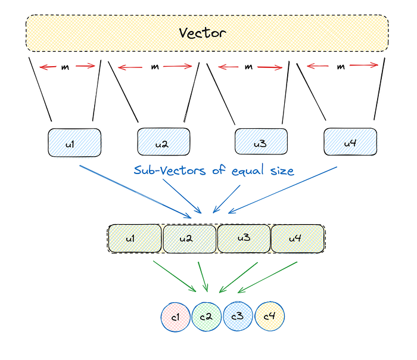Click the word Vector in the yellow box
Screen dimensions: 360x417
203,33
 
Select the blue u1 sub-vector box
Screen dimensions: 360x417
74,143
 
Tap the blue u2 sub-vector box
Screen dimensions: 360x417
164,143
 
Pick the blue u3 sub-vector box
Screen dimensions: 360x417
260,143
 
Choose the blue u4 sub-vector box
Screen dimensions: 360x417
350,142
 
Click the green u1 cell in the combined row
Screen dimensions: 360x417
135,239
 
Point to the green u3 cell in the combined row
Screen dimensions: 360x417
244,239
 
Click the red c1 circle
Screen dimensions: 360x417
176,316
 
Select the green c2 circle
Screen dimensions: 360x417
207,316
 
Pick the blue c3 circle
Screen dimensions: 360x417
238,316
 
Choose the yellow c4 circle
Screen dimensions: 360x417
269,316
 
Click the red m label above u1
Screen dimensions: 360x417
65,67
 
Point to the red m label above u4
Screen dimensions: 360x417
341,67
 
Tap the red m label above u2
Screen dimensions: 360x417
155,67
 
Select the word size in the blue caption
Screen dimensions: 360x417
280,172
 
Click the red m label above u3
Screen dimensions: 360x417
249,67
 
